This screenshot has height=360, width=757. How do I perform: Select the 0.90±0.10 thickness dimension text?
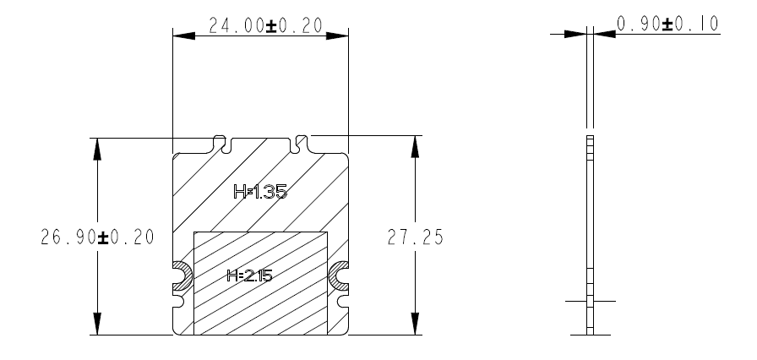click(x=667, y=24)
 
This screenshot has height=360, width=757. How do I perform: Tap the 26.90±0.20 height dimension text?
click(x=97, y=237)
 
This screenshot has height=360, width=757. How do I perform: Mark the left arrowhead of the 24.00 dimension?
click(x=181, y=35)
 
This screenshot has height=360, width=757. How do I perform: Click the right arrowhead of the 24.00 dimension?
click(x=337, y=35)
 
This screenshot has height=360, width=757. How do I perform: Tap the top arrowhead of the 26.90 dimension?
click(x=98, y=149)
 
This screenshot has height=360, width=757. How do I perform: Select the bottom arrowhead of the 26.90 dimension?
click(x=98, y=325)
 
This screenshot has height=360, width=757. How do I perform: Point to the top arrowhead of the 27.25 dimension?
click(x=415, y=149)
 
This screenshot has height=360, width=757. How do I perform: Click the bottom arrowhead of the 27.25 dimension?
click(x=415, y=325)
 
